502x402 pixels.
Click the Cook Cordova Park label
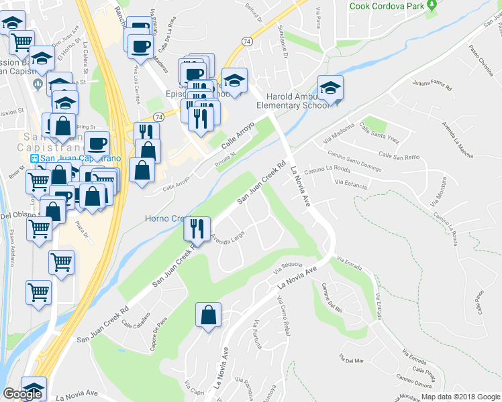point(387,6)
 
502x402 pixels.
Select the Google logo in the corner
point(21,394)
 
